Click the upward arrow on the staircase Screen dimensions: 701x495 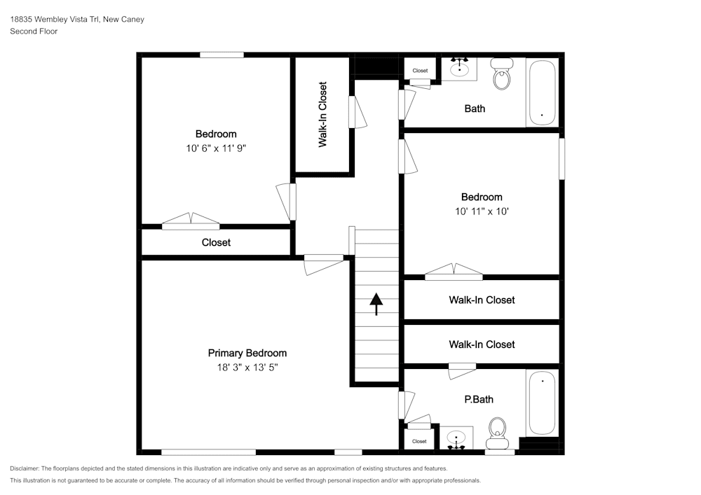click(376, 304)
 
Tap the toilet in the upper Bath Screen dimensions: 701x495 click(502, 74)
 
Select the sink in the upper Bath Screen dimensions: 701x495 click(459, 68)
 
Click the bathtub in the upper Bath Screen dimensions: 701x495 click(542, 92)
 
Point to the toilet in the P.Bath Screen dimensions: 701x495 click(497, 433)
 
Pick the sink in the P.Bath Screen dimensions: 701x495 click(456, 438)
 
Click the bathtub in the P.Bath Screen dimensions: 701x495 click(542, 403)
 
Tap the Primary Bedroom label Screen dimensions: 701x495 click(247, 353)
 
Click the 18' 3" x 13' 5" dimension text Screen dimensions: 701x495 click(247, 368)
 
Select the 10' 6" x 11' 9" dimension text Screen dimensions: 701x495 click(216, 148)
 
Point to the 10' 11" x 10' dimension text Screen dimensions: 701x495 click(482, 211)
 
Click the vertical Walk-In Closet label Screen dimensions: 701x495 click(322, 114)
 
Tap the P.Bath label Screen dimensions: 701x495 click(479, 400)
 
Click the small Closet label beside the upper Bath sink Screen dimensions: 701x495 click(420, 71)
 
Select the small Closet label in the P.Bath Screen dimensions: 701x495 click(419, 441)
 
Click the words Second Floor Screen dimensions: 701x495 click(34, 32)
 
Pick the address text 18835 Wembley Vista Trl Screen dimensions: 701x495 click(55, 19)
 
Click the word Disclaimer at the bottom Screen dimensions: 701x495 click(24, 468)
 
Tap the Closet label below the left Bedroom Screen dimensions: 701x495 click(216, 242)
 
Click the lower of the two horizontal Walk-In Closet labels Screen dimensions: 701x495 click(482, 344)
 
